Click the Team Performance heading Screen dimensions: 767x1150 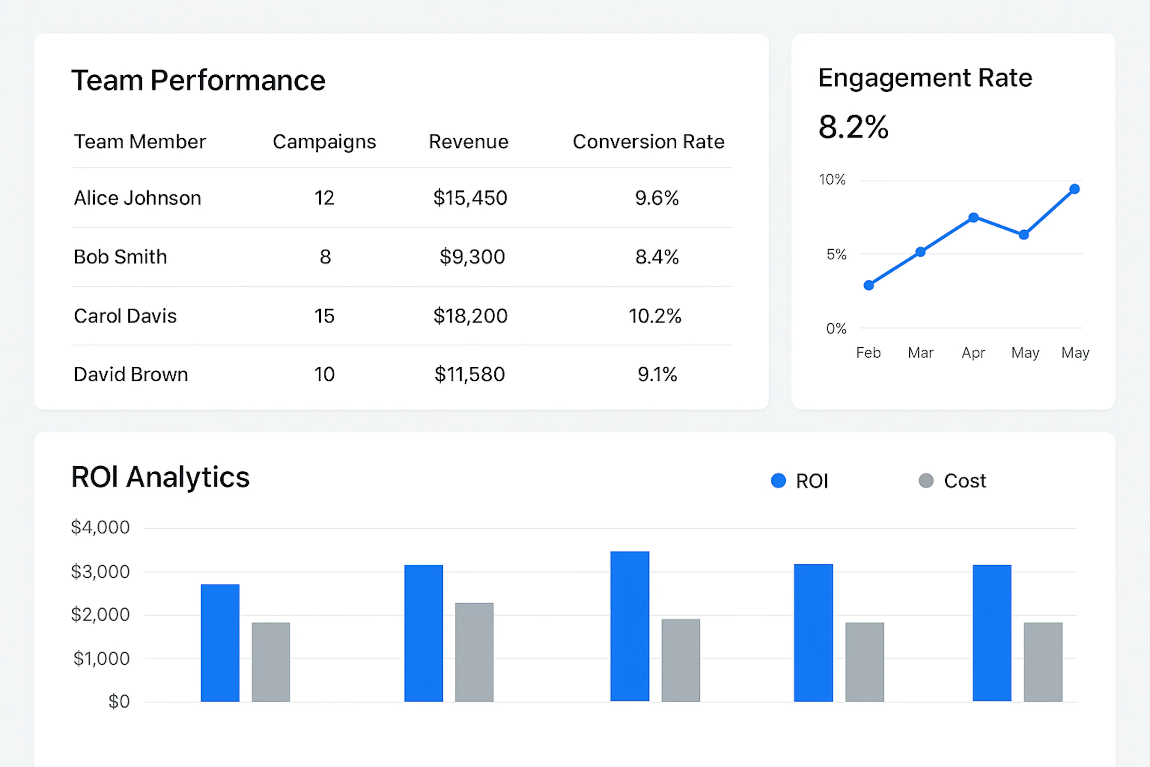[x=198, y=80]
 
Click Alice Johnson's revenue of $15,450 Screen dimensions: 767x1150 [x=470, y=198]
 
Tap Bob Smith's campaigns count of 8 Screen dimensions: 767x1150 [x=325, y=257]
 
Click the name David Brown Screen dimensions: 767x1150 [x=131, y=375]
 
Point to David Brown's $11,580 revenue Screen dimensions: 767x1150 [x=469, y=375]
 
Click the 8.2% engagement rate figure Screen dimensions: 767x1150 [x=853, y=127]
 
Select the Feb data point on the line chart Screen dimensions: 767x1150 [x=869, y=285]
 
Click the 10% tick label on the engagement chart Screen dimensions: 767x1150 [x=832, y=180]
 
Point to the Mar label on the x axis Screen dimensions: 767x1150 [x=920, y=353]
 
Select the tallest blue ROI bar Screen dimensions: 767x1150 [x=630, y=626]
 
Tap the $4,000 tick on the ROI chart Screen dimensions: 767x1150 [x=100, y=527]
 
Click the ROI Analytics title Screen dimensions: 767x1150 [x=161, y=477]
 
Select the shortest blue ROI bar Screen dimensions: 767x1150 [x=220, y=643]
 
